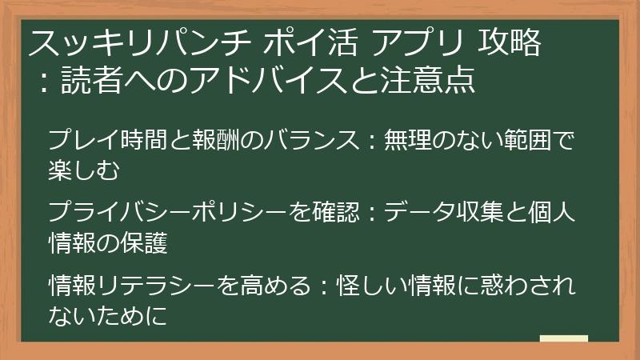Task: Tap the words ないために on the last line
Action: pos(108,314)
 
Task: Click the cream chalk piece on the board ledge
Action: pos(563,339)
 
